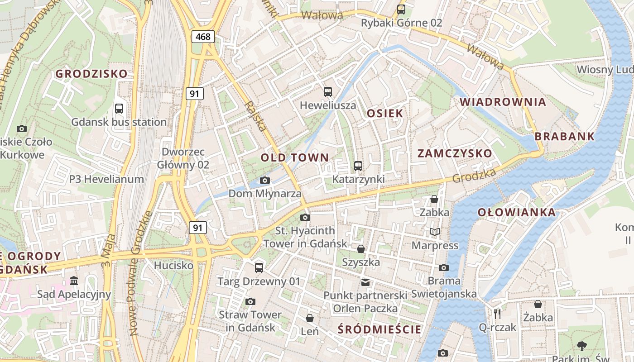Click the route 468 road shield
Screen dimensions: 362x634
coord(203,37)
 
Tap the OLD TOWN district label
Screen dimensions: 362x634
coord(295,158)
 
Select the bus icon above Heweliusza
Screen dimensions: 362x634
coord(328,92)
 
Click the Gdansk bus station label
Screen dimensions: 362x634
coord(119,122)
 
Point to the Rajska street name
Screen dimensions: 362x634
coord(255,116)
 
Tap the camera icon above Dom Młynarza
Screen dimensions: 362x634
coord(265,181)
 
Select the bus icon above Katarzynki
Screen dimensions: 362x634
coord(358,166)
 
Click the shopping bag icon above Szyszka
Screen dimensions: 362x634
coord(361,249)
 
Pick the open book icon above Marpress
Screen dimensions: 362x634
coord(435,232)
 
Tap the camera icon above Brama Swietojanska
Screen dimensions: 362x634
coord(444,267)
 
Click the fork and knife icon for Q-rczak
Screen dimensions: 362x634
coord(497,314)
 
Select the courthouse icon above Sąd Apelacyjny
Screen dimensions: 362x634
coord(74,281)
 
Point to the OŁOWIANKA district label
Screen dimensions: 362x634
coord(517,212)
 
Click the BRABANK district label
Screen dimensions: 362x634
coord(565,136)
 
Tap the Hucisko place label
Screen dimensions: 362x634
coord(173,265)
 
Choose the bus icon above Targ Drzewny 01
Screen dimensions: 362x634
coord(259,267)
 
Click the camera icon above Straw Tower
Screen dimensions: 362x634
coord(250,301)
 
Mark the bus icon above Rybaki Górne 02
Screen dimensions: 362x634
coord(401,9)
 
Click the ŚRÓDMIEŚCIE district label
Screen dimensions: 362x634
coord(379,329)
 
